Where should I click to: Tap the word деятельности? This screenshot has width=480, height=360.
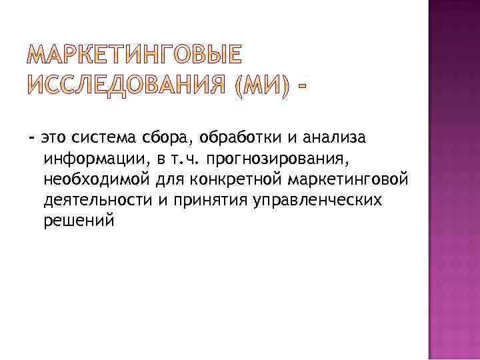99,201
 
